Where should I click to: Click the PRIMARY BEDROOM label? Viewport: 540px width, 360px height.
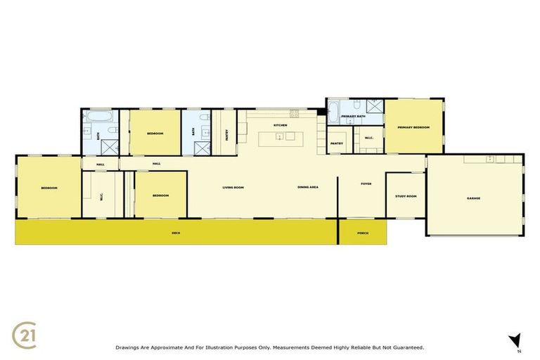click(413, 127)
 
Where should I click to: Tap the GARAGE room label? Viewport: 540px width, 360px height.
click(473, 198)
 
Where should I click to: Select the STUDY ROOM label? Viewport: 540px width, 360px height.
click(406, 196)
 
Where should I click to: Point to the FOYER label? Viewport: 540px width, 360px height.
click(366, 184)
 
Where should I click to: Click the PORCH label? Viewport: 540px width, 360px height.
click(363, 233)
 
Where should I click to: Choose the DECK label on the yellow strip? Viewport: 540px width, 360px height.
click(176, 233)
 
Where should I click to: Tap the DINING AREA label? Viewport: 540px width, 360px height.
click(308, 187)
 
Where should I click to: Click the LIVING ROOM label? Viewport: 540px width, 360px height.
click(233, 187)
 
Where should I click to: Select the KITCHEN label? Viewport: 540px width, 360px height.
click(281, 124)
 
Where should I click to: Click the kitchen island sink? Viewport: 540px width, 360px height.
click(281, 137)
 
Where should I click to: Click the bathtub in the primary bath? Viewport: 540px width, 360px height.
click(332, 109)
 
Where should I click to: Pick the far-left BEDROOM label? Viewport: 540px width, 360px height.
click(49, 188)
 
